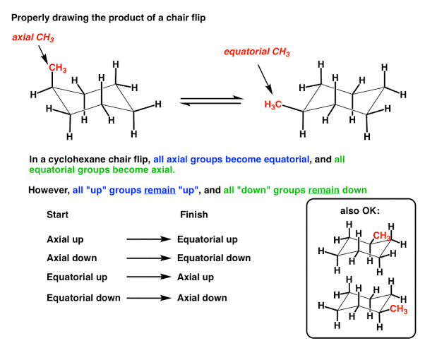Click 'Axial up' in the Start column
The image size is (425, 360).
(x=69, y=240)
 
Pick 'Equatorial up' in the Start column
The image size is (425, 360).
(x=81, y=277)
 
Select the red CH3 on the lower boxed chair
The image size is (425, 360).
(x=398, y=308)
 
